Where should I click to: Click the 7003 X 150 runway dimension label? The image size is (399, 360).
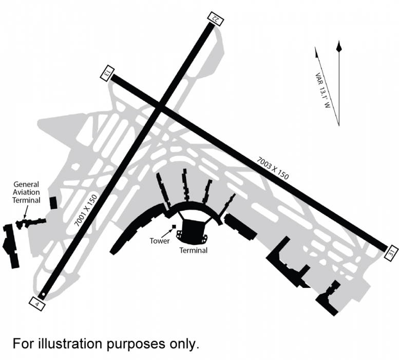[273, 167]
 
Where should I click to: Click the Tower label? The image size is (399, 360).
[159, 240]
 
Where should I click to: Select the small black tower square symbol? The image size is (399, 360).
[174, 226]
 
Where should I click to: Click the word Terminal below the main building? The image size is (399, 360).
[193, 250]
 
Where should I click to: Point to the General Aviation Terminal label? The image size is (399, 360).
[27, 192]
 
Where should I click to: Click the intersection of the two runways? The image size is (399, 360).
[160, 107]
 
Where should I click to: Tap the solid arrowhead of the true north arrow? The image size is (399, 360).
[338, 46]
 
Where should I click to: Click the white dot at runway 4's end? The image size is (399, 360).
[44, 295]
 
